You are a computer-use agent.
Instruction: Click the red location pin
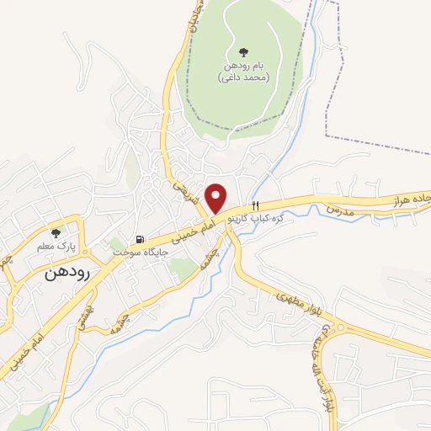[216, 198]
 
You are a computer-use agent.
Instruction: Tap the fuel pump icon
[140, 239]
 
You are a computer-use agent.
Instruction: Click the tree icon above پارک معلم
[56, 233]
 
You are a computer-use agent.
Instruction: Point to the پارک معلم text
[59, 247]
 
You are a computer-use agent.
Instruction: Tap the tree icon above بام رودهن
[243, 52]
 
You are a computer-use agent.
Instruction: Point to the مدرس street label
[336, 209]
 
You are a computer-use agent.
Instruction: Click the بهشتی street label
[87, 315]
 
